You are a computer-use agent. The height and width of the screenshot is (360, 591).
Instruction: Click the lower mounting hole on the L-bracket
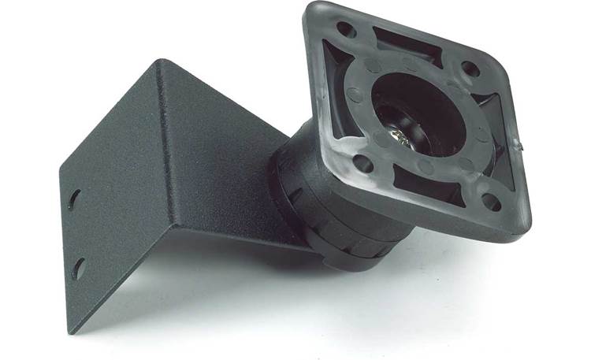(x=78, y=269)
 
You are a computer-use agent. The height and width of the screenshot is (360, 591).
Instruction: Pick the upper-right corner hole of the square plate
(x=471, y=69)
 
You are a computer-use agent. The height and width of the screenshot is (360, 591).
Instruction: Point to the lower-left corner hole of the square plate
(x=364, y=164)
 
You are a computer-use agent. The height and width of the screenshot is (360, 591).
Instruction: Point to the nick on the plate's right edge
(x=519, y=145)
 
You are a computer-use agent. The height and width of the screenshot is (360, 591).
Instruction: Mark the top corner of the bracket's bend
(x=162, y=62)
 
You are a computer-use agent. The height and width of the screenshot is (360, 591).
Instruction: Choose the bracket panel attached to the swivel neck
(x=221, y=158)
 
